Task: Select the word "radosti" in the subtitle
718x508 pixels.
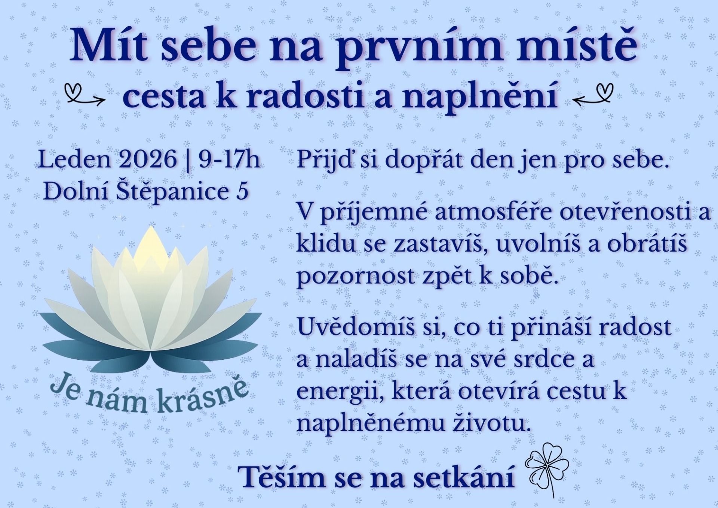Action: click(x=305, y=95)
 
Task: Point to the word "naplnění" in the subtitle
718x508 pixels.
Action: click(x=480, y=97)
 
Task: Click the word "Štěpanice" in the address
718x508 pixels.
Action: click(x=172, y=192)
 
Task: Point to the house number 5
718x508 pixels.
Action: click(x=242, y=191)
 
